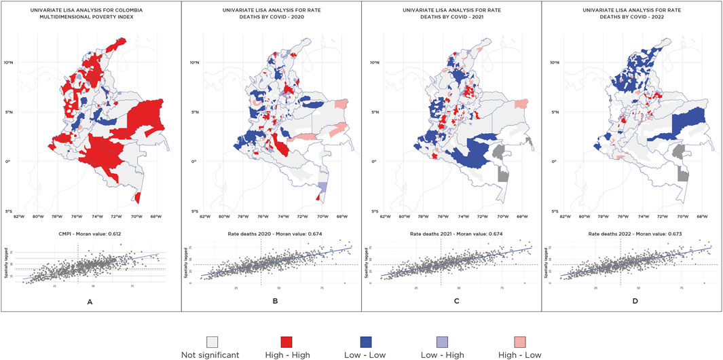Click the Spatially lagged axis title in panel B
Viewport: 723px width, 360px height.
(x=193, y=261)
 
